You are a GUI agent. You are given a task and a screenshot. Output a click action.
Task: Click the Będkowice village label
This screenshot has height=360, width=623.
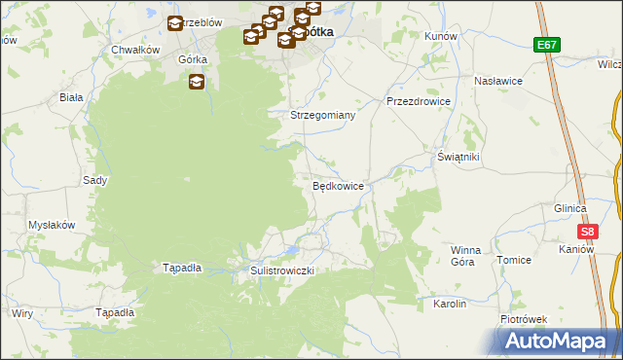pyautogui.click(x=338, y=186)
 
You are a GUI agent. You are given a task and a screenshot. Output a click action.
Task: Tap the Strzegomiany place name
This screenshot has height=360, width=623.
pyautogui.click(x=324, y=115)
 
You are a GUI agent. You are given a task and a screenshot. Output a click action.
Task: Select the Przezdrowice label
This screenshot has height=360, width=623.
pyautogui.click(x=418, y=100)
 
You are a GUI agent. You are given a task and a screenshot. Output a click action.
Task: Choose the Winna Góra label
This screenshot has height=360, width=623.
pyautogui.click(x=465, y=256)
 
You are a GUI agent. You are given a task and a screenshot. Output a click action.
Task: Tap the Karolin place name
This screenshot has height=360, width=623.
pyautogui.click(x=450, y=304)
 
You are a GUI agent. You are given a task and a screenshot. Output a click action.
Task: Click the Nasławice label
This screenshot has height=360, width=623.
pyautogui.click(x=499, y=81)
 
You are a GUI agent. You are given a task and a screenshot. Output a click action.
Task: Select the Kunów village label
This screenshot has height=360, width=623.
pyautogui.click(x=441, y=35)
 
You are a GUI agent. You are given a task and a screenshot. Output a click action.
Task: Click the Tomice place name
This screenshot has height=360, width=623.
pyautogui.click(x=513, y=260)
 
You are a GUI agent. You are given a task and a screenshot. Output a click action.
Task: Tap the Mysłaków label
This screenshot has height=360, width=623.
pyautogui.click(x=52, y=225)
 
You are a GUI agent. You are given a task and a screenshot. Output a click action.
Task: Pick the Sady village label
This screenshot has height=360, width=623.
pyautogui.click(x=94, y=180)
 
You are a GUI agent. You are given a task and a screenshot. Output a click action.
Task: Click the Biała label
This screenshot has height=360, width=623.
pyautogui.click(x=71, y=97)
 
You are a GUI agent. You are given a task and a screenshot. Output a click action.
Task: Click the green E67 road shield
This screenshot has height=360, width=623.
pyautogui.click(x=546, y=45)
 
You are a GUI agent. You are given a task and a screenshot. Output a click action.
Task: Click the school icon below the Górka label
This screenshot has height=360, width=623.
pyautogui.click(x=198, y=83)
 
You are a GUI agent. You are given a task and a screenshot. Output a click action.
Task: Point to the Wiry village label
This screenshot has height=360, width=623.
pyautogui.click(x=21, y=313)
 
